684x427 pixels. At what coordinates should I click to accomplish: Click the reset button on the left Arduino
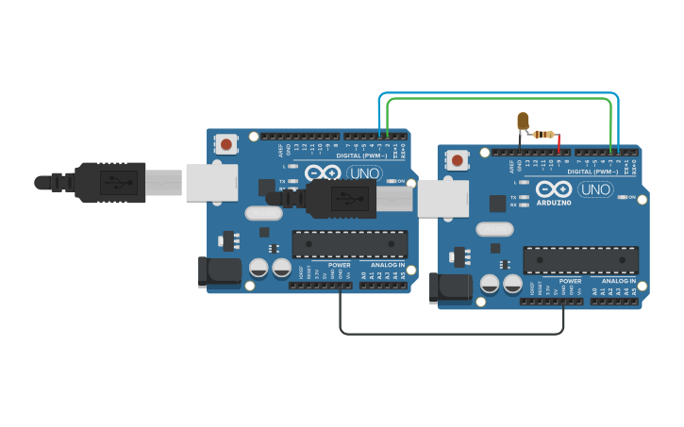coord(226,144)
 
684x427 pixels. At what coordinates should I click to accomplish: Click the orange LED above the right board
coord(523,121)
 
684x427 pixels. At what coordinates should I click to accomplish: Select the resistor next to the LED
coord(543,134)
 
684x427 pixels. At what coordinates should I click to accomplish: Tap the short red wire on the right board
coord(559,143)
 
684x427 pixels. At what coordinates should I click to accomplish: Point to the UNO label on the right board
coord(595,189)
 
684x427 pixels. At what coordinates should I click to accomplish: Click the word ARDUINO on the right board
coord(554,203)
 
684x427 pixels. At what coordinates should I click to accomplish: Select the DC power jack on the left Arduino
coord(220,271)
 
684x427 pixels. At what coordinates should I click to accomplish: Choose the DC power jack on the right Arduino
coord(450,287)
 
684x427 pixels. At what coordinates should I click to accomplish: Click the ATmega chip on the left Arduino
coord(350,244)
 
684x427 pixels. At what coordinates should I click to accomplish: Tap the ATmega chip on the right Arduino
coord(581,260)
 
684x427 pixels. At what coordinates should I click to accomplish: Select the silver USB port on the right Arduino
coord(443,199)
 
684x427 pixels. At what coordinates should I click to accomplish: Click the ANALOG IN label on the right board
coord(618,281)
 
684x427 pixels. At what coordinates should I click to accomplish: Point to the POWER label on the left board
coord(339,265)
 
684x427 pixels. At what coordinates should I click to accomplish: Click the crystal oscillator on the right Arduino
coord(494,229)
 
